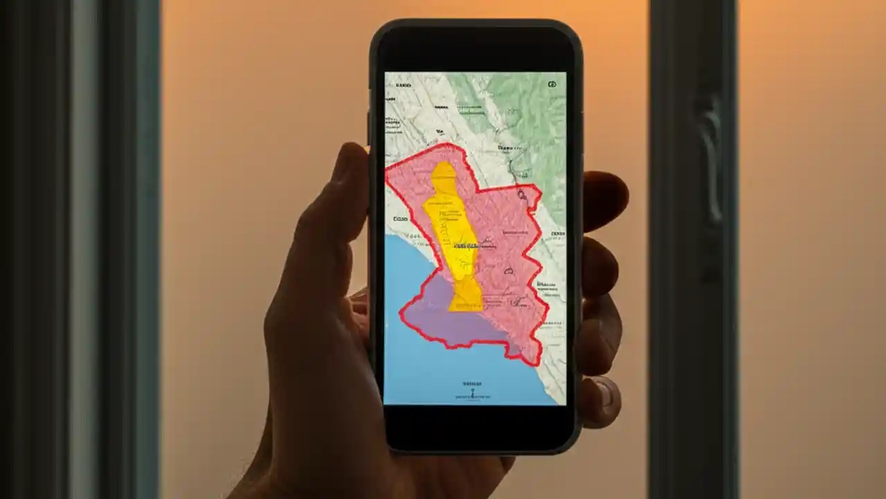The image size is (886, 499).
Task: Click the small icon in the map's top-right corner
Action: [552, 85]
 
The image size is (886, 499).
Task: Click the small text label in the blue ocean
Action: [472, 383]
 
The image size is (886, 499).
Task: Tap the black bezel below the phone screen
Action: [478, 426]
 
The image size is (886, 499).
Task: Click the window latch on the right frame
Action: [709, 159]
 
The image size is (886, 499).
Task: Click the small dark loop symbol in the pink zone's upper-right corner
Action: [522, 195]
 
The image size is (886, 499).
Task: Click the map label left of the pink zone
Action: [400, 218]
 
